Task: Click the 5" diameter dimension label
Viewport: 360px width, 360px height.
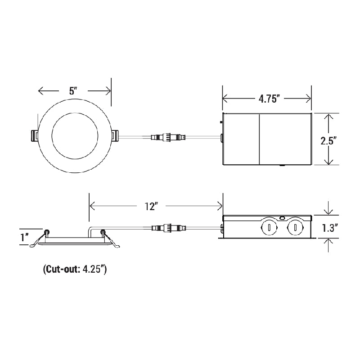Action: point(73,90)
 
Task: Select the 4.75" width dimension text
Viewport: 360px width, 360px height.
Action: point(270,99)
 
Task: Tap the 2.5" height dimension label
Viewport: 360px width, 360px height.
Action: point(329,140)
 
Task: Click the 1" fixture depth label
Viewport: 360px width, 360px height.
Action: point(24,237)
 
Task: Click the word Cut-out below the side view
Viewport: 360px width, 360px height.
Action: point(60,270)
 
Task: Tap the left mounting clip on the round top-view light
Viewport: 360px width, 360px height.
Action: point(35,135)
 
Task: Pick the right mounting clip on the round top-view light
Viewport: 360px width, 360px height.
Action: point(114,135)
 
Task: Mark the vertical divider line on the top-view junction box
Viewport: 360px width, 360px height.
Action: point(260,139)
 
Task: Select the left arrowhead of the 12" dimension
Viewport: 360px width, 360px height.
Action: point(93,206)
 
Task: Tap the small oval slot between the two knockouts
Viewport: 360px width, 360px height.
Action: point(282,218)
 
